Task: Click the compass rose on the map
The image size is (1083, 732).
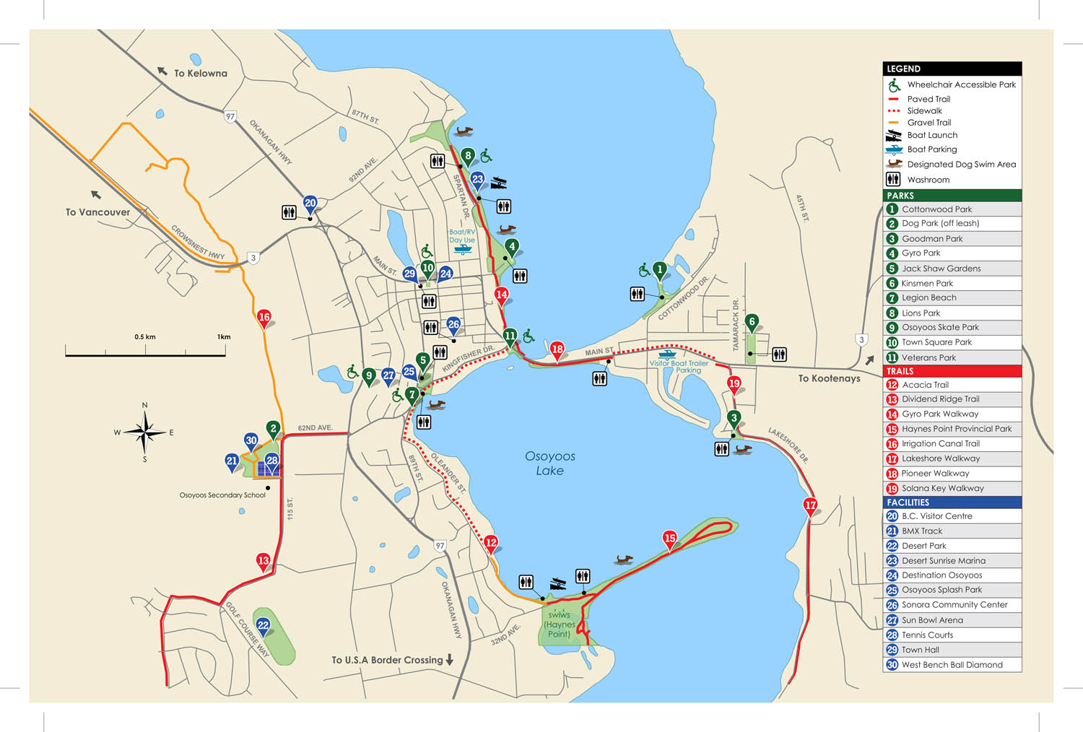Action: (144, 432)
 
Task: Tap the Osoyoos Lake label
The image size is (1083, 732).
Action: (550, 463)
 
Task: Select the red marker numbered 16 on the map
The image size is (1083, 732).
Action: (264, 318)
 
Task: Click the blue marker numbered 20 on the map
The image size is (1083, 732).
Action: (310, 204)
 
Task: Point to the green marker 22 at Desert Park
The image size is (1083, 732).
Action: (264, 626)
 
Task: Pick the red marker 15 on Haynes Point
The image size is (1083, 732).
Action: (670, 539)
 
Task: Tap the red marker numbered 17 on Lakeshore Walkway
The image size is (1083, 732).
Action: (810, 506)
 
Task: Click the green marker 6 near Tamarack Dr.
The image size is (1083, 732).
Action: (752, 323)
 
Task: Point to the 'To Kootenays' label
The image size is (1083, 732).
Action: (829, 378)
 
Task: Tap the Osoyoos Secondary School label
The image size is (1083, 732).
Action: (222, 495)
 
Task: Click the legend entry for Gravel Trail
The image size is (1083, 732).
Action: (928, 123)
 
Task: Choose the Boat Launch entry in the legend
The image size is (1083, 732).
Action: (932, 135)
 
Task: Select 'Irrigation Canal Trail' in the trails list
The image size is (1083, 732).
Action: (940, 443)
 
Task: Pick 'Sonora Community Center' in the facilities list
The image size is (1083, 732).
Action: (954, 605)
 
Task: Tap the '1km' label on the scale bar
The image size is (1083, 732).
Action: (224, 337)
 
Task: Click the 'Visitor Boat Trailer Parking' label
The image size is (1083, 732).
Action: (679, 366)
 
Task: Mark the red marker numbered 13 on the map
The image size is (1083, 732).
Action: (264, 561)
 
